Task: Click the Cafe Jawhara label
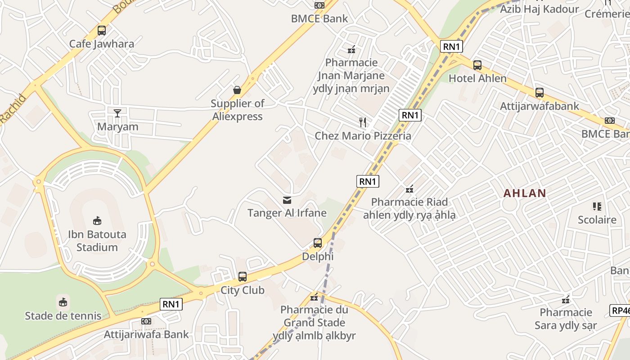click(102, 44)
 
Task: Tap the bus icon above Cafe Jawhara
click(102, 31)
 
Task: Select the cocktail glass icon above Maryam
click(117, 113)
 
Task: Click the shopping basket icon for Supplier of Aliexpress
click(237, 90)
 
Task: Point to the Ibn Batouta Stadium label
click(97, 241)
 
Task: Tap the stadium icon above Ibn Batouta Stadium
click(97, 220)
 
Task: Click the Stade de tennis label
click(63, 315)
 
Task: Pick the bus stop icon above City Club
click(243, 277)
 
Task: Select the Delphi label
click(318, 256)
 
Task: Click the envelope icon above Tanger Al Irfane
click(287, 200)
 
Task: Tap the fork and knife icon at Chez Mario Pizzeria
click(363, 122)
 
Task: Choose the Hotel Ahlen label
click(477, 78)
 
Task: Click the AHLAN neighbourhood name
click(525, 193)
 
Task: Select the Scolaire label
click(597, 220)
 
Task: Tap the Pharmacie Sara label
click(566, 319)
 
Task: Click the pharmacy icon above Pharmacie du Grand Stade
click(314, 297)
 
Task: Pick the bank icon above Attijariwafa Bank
click(146, 321)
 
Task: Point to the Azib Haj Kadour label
click(540, 9)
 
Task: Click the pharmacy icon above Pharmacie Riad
click(409, 189)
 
